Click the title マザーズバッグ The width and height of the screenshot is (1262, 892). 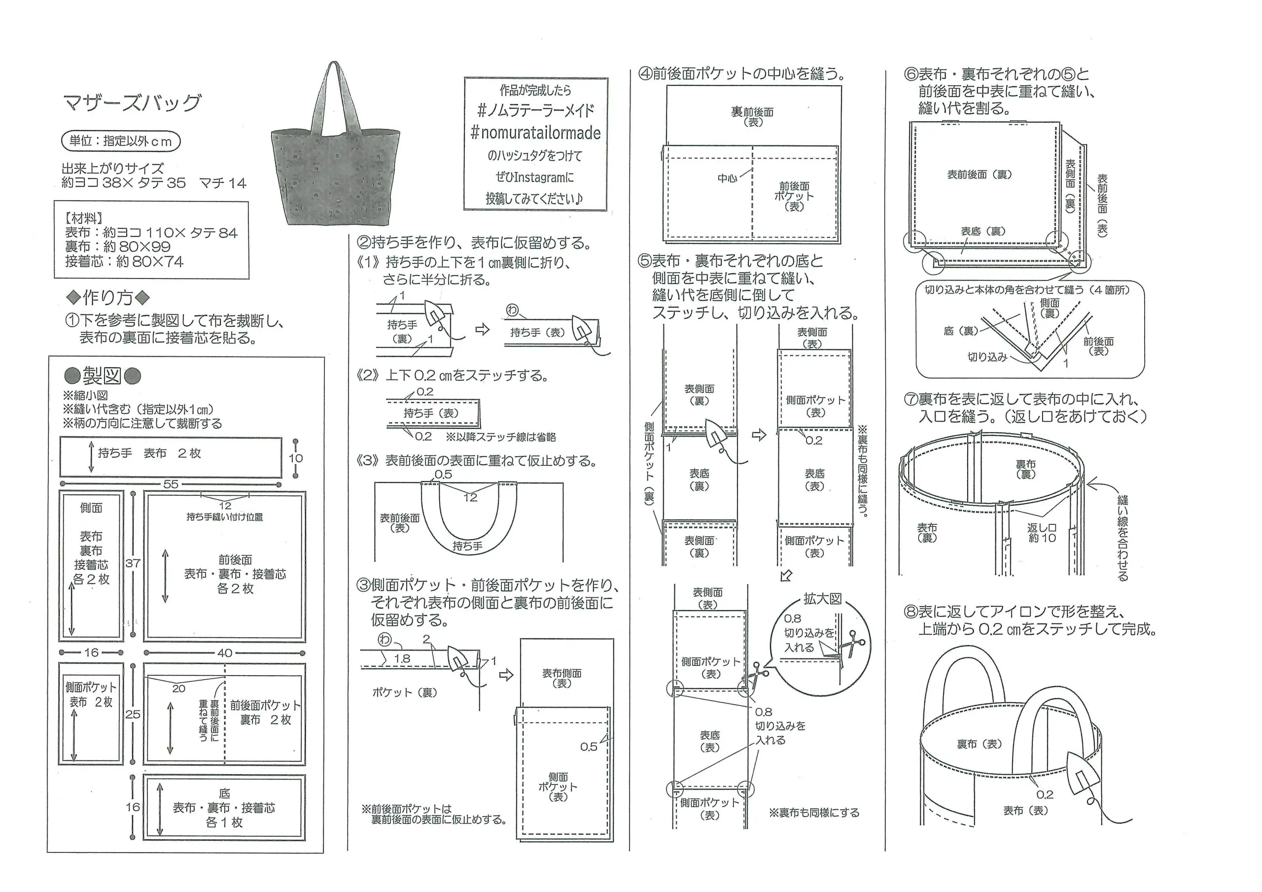133,103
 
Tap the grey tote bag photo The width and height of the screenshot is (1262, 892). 335,165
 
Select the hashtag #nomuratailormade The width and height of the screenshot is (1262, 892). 535,133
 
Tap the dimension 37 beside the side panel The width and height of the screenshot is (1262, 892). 133,563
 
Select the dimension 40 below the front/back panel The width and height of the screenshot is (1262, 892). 224,653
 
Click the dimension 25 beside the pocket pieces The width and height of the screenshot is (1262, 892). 133,714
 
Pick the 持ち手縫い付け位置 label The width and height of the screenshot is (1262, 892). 224,516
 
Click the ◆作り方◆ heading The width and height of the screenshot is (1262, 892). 108,298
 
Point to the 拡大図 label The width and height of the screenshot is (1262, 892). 822,598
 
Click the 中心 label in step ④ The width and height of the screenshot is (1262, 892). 727,178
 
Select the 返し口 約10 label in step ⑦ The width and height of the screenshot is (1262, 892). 1042,533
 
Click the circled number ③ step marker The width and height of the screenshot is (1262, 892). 363,585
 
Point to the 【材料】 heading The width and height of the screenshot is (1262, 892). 83,218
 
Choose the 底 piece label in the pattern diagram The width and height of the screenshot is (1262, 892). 224,793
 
